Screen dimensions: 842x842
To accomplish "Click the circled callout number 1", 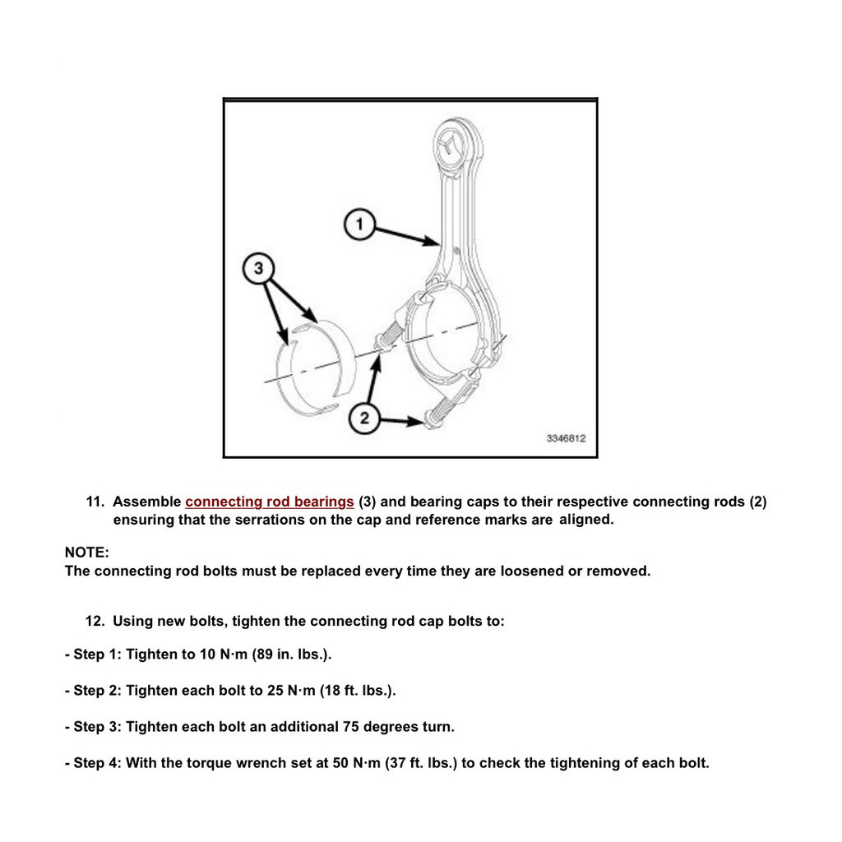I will (359, 224).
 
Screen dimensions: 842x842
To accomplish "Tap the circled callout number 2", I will (364, 419).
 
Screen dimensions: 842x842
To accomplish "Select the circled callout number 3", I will (259, 268).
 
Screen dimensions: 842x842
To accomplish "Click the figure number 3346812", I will (566, 439).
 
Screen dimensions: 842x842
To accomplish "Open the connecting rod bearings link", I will (270, 502).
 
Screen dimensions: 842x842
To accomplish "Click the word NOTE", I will (86, 553).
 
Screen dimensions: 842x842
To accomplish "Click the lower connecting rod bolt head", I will (429, 422).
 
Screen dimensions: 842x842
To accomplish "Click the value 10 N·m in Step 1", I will (222, 655).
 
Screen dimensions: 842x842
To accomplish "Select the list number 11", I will (95, 502).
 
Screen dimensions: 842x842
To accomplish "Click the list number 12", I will (95, 622).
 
